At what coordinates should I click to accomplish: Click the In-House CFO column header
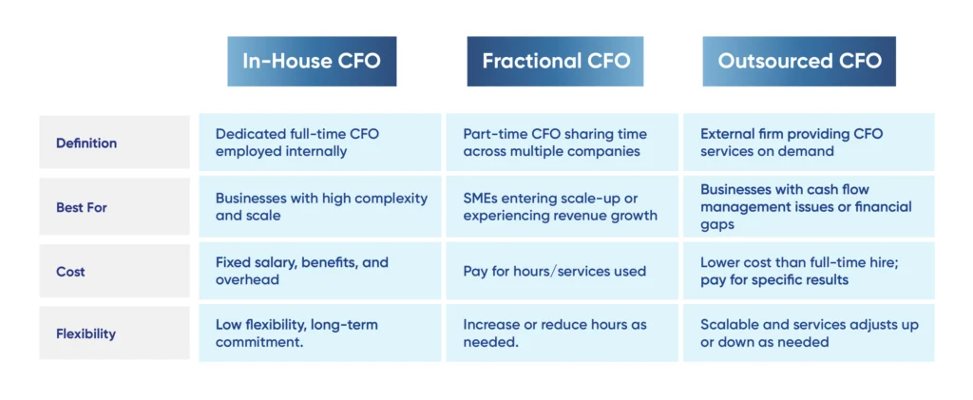(x=312, y=62)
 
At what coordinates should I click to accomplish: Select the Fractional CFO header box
(x=555, y=62)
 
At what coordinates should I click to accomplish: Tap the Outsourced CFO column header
(x=799, y=62)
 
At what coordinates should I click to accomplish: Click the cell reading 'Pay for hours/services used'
(x=562, y=271)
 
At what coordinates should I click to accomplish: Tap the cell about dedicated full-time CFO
(x=319, y=142)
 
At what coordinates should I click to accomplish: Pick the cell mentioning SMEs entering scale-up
(x=562, y=207)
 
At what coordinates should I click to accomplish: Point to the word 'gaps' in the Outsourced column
(x=717, y=225)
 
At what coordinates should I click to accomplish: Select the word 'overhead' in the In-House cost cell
(x=247, y=279)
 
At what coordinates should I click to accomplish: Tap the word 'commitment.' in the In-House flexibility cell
(x=259, y=342)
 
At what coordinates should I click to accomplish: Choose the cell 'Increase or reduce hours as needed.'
(x=562, y=333)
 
